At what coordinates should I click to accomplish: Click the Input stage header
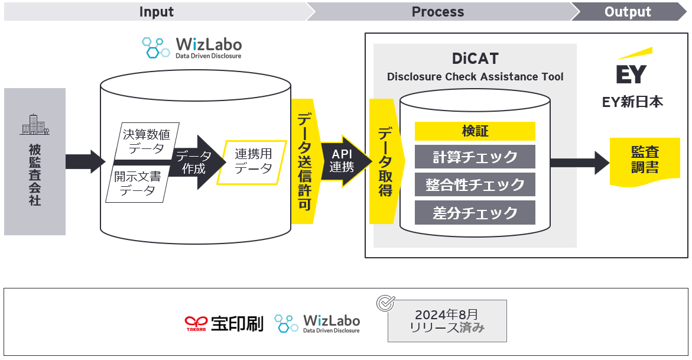pyautogui.click(x=156, y=12)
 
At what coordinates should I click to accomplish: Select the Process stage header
pyautogui.click(x=437, y=12)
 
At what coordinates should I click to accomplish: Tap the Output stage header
pyautogui.click(x=628, y=12)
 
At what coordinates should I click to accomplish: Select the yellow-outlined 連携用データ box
pyautogui.click(x=253, y=161)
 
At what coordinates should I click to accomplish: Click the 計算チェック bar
pyautogui.click(x=475, y=157)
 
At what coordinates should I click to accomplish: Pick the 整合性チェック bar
pyautogui.click(x=475, y=185)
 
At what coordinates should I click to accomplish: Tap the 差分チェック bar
pyautogui.click(x=475, y=213)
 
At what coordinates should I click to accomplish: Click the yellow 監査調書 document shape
pyautogui.click(x=645, y=160)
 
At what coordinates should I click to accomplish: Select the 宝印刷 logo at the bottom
pyautogui.click(x=224, y=323)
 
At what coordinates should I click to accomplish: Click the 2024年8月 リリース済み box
pyautogui.click(x=447, y=321)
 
